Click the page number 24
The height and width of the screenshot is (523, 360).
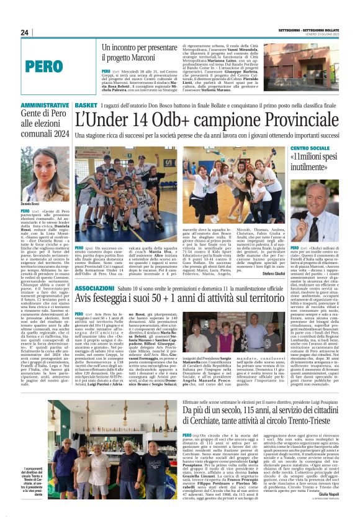(25, 32)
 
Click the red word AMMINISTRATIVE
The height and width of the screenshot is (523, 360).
(44, 106)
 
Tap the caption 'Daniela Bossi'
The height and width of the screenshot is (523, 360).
(31, 204)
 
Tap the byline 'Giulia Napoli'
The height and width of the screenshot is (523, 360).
(328, 511)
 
